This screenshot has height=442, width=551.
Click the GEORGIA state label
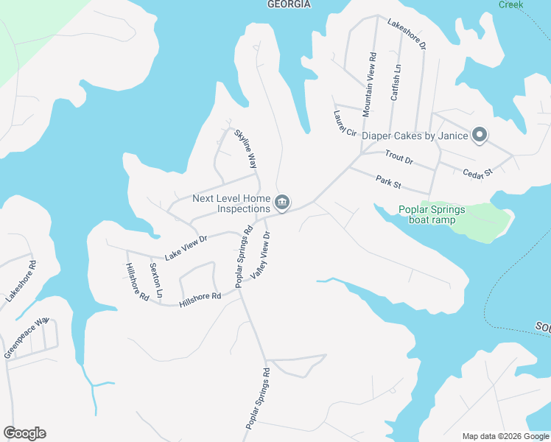(x=288, y=4)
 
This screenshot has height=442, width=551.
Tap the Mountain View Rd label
(x=370, y=84)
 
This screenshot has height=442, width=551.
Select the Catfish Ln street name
(x=396, y=83)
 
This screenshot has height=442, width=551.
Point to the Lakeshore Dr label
(x=407, y=34)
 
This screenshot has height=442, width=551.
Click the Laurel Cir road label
(x=345, y=124)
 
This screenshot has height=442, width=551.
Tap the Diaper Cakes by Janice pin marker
(x=480, y=135)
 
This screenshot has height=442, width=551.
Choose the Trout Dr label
(x=399, y=158)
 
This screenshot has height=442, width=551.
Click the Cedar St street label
(x=477, y=172)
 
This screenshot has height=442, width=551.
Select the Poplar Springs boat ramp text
(x=432, y=214)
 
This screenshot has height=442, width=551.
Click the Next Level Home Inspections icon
(x=282, y=202)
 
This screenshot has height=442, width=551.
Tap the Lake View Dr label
(x=187, y=248)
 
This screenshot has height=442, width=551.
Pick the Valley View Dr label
(x=261, y=255)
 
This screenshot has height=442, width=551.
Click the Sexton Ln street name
(x=155, y=280)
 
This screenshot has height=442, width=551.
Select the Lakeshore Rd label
(x=21, y=281)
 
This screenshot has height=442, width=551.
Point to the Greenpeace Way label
(x=26, y=337)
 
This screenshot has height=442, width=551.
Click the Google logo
(x=24, y=433)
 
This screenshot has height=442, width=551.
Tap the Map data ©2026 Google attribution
(x=505, y=436)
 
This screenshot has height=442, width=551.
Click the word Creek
(x=510, y=4)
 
